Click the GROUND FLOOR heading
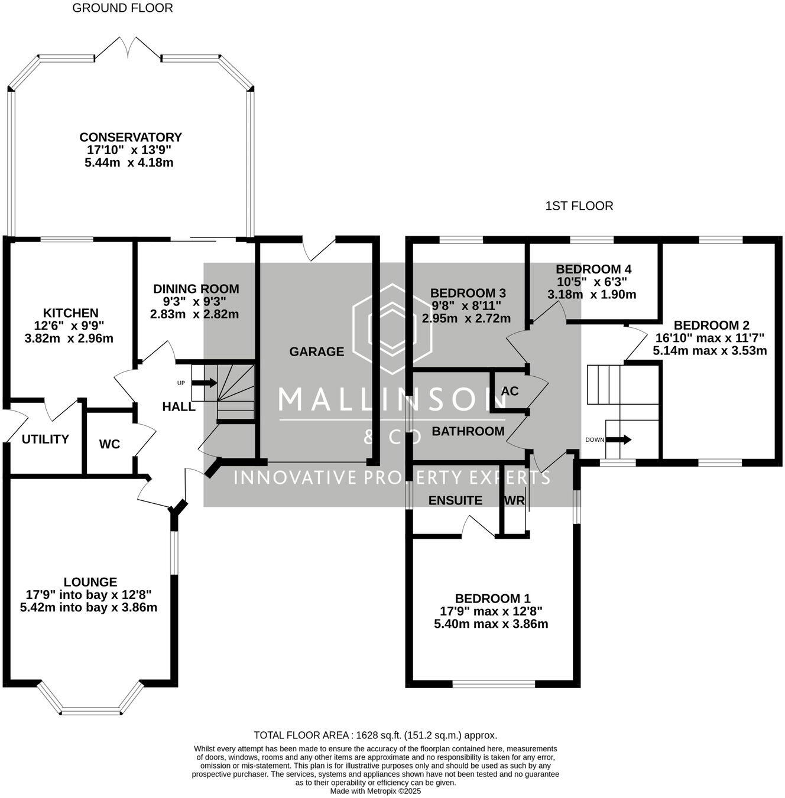point(122,8)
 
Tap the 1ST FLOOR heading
point(579,206)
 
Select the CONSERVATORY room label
point(131,137)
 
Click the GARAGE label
point(317,351)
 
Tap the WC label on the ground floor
point(109,444)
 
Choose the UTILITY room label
point(45,439)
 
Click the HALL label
point(179,406)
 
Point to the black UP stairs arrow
point(205,383)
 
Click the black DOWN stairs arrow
point(619,439)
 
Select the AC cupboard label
point(510,391)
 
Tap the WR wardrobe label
point(515,501)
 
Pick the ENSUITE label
point(455,501)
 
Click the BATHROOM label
point(468,431)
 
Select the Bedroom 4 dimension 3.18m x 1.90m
point(592,294)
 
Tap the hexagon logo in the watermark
point(392,329)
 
